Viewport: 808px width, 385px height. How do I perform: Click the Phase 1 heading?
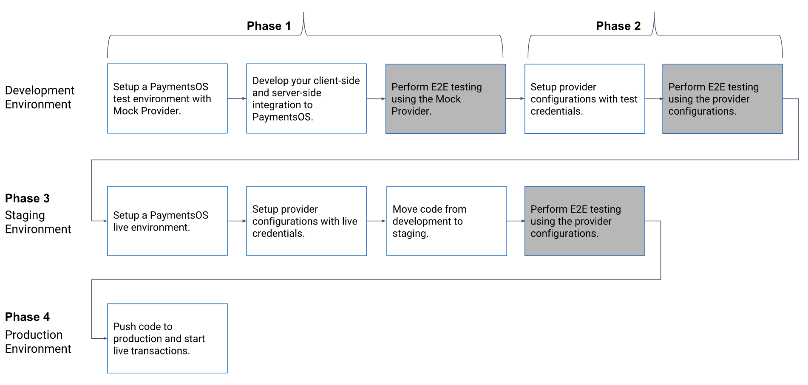click(269, 26)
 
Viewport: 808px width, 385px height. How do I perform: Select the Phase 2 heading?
click(618, 26)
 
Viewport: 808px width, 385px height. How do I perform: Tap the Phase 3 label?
click(27, 198)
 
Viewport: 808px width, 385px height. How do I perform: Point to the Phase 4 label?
click(27, 317)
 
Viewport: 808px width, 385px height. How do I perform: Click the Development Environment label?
click(39, 97)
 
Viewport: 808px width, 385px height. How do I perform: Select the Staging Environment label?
click(38, 222)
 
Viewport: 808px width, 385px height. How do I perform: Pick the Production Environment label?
click(38, 342)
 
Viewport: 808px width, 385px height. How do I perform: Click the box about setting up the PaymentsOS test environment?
click(167, 98)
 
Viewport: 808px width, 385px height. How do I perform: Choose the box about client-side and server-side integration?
click(306, 98)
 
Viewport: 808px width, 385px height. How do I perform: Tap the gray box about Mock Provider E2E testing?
click(445, 98)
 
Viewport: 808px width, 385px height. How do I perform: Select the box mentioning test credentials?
click(584, 98)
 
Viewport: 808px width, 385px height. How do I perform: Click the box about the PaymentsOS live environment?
click(167, 221)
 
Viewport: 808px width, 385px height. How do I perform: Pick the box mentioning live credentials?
click(306, 221)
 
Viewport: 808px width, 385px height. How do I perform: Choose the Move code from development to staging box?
click(446, 221)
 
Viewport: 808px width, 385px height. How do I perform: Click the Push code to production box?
click(167, 338)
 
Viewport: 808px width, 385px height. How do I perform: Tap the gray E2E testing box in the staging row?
click(584, 221)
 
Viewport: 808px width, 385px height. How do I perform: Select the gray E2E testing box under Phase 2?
click(722, 98)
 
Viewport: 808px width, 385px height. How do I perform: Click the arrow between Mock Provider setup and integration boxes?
click(237, 98)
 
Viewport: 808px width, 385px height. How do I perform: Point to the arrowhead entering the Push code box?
click(105, 338)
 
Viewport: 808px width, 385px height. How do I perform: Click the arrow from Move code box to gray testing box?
click(516, 221)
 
